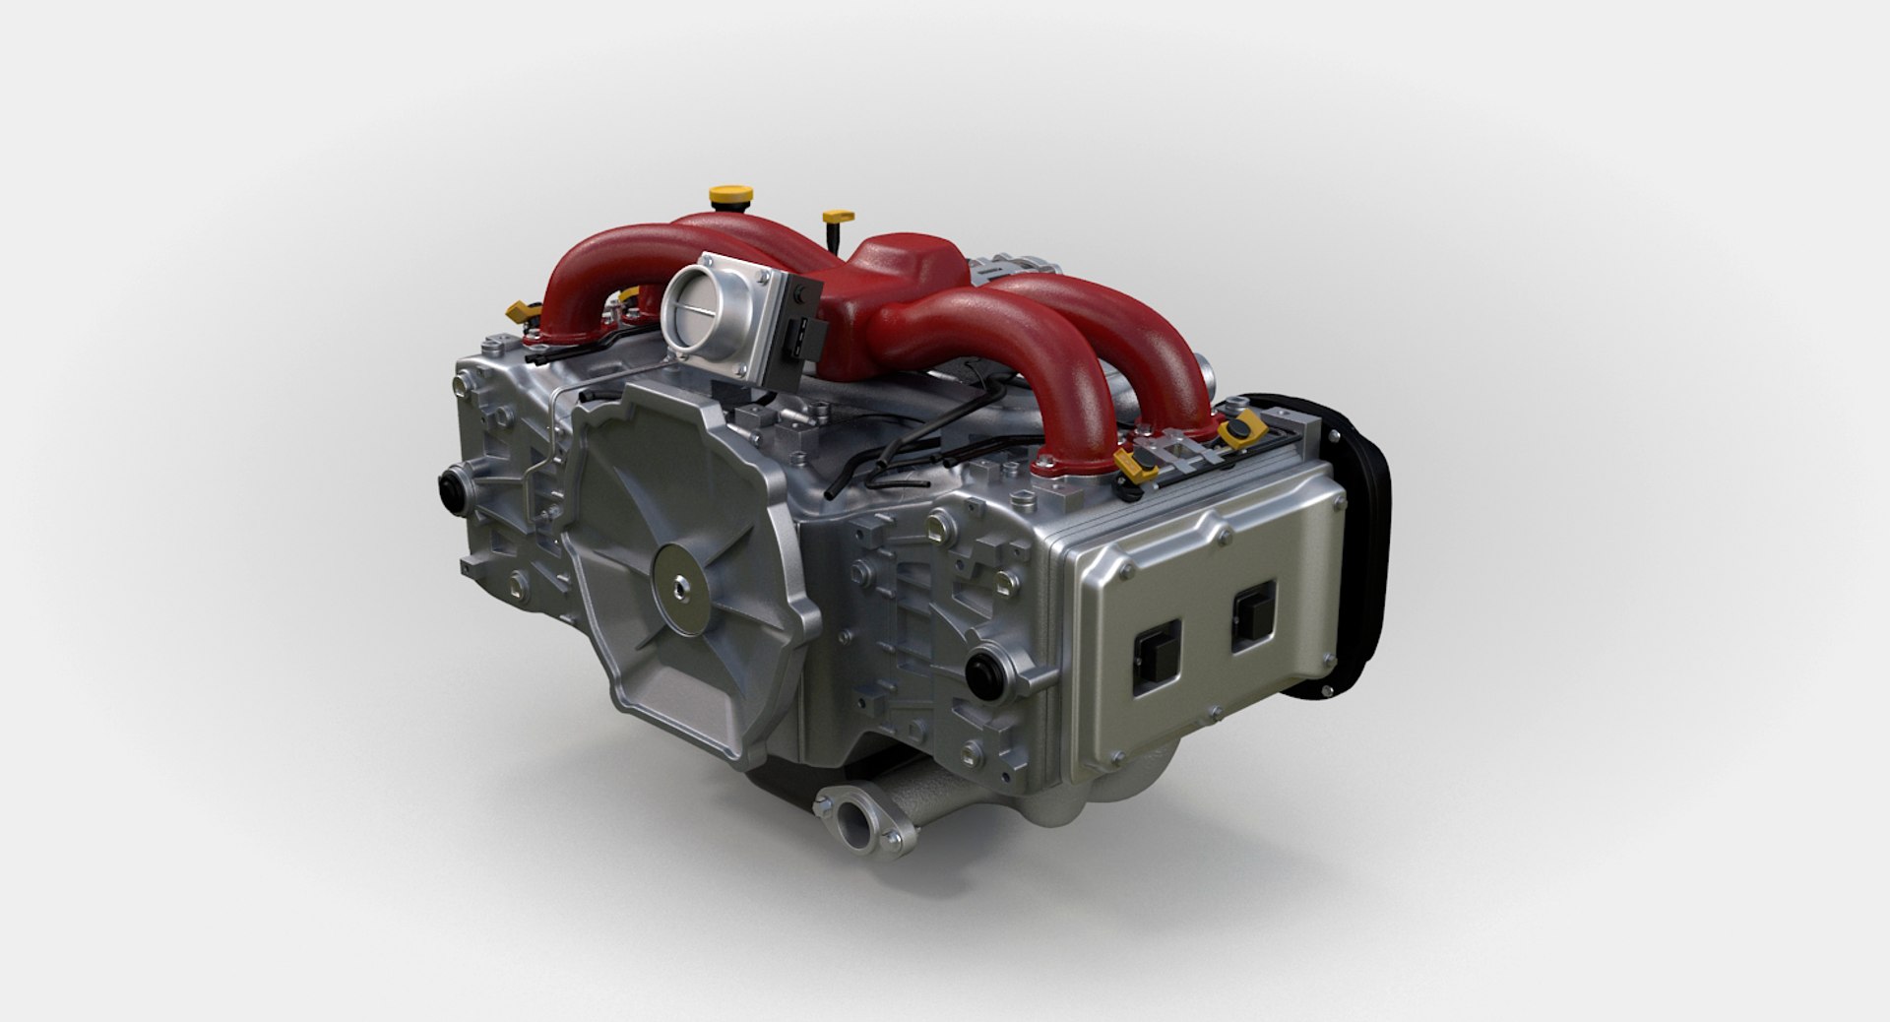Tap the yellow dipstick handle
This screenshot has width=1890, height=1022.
click(838, 216)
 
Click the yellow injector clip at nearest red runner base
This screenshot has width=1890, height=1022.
click(1137, 462)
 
